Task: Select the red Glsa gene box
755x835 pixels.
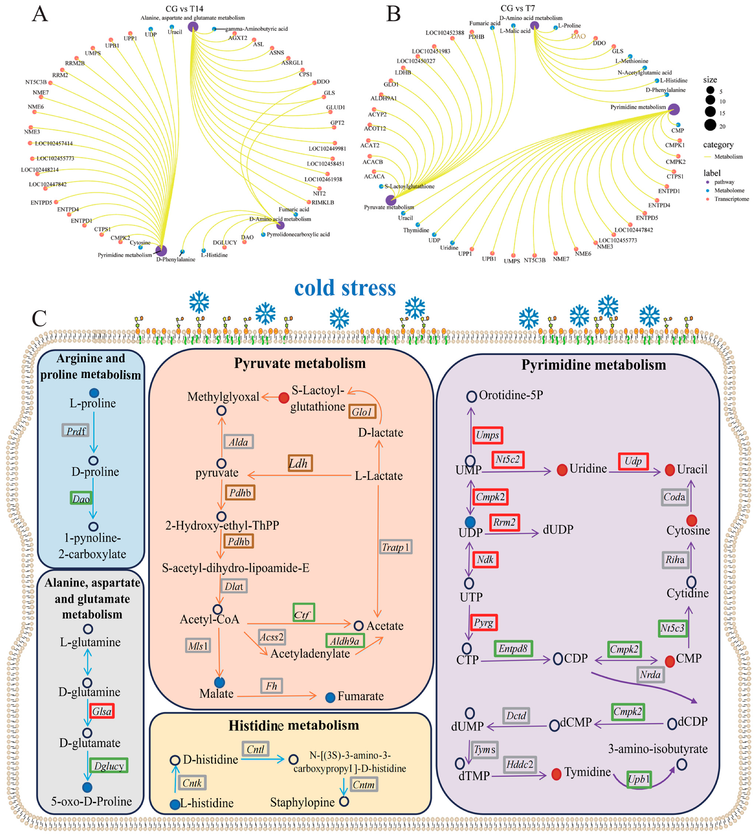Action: click(x=102, y=711)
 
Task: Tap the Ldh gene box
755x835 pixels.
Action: click(x=300, y=463)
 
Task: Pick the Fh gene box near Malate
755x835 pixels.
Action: click(x=271, y=686)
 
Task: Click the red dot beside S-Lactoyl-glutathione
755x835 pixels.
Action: click(x=284, y=398)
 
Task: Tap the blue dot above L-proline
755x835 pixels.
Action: click(x=94, y=393)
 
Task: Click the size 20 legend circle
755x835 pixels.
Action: click(x=710, y=125)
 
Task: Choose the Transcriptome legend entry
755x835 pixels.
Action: click(x=731, y=199)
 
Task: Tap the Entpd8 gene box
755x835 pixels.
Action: click(x=513, y=648)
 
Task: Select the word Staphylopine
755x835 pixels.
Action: click(x=302, y=802)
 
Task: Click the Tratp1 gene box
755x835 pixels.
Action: click(x=395, y=547)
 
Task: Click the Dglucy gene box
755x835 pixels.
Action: click(x=109, y=766)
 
